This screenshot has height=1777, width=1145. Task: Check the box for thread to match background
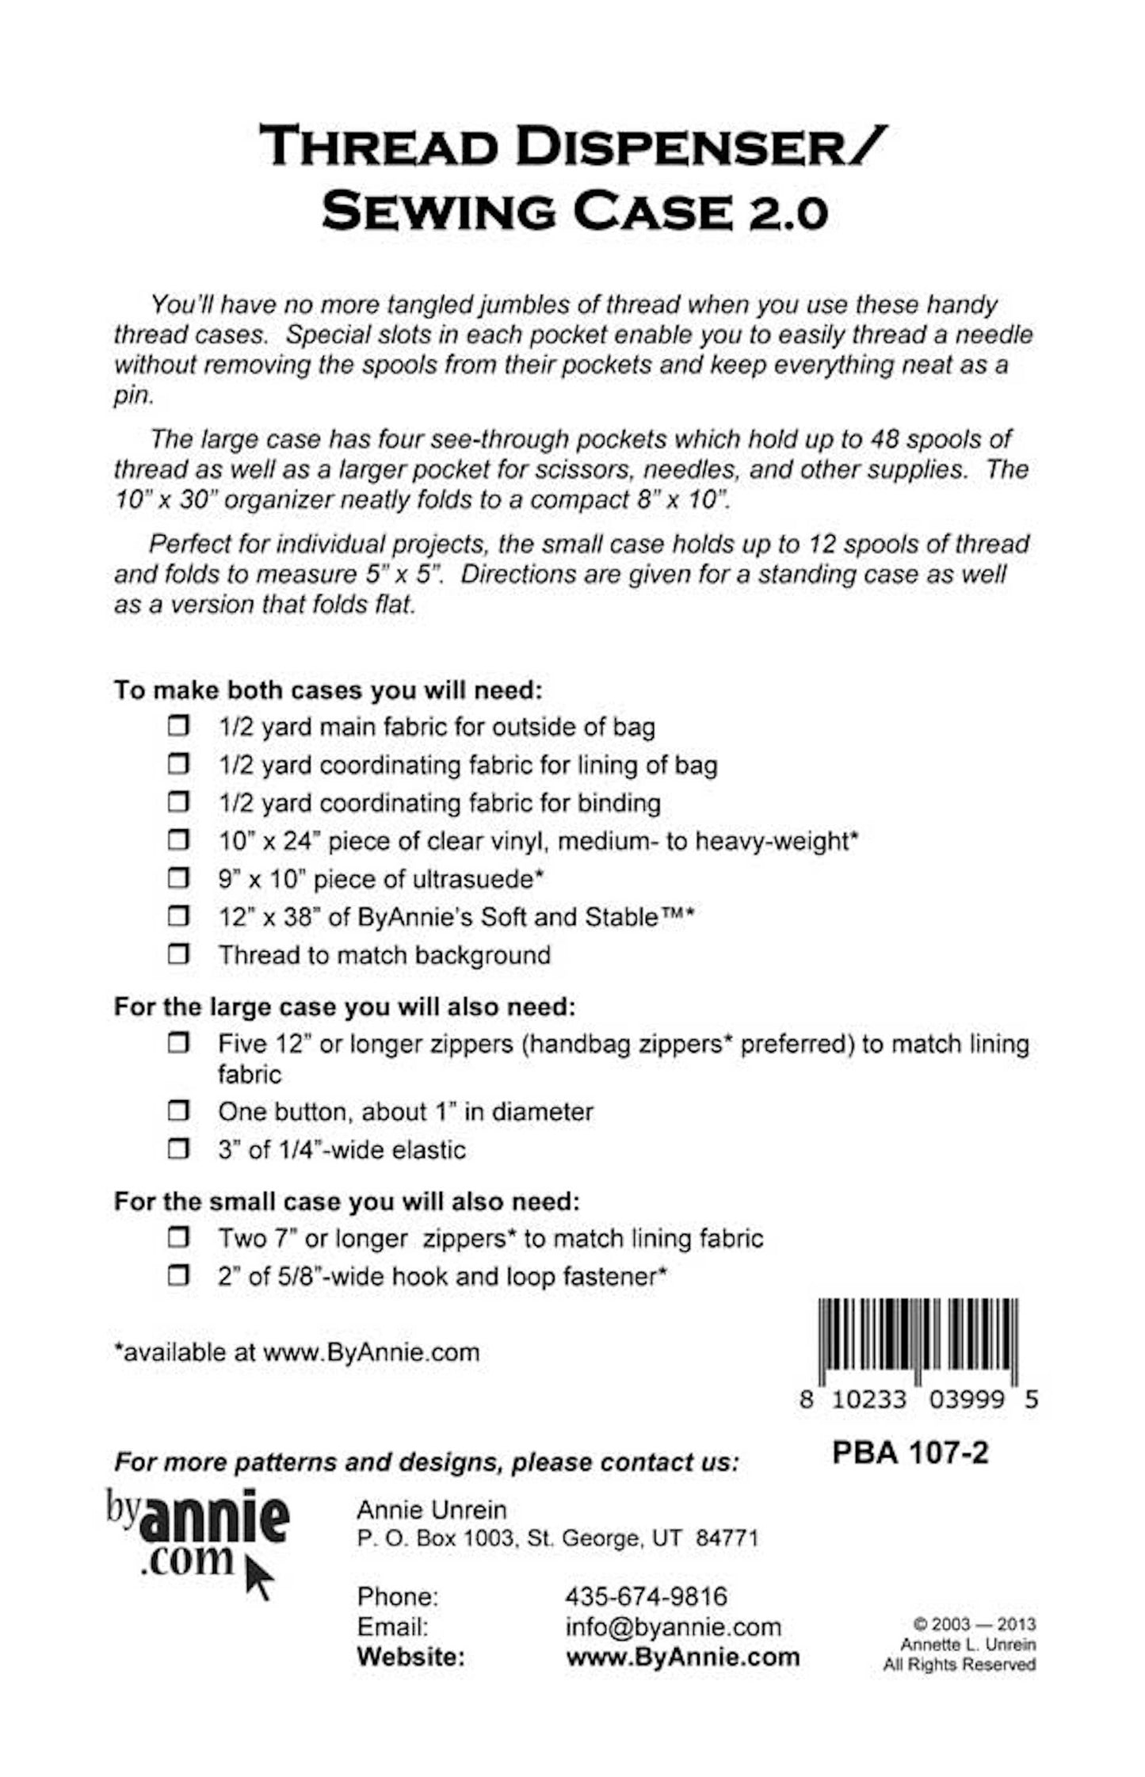pos(178,954)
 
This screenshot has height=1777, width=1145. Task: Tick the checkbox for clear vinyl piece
pos(178,840)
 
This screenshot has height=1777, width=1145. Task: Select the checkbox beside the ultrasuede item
pos(178,878)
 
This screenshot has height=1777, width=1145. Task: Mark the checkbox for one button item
pos(178,1111)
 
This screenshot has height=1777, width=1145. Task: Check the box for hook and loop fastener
pos(178,1276)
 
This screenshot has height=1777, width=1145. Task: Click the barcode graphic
pos(918,1343)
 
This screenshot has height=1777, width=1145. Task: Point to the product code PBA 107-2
pos(910,1453)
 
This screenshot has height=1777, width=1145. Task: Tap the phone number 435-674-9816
pos(646,1596)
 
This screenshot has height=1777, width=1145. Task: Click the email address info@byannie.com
pos(673,1627)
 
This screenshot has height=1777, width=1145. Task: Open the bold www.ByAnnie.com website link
pos(682,1657)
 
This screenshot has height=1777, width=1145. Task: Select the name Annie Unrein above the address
pos(431,1510)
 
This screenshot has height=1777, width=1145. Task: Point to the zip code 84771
pos(727,1538)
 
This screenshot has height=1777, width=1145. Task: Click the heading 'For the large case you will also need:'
pos(344,1007)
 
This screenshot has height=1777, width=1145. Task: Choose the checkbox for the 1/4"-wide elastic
pos(178,1149)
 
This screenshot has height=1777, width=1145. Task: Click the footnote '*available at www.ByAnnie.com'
pos(297,1352)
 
